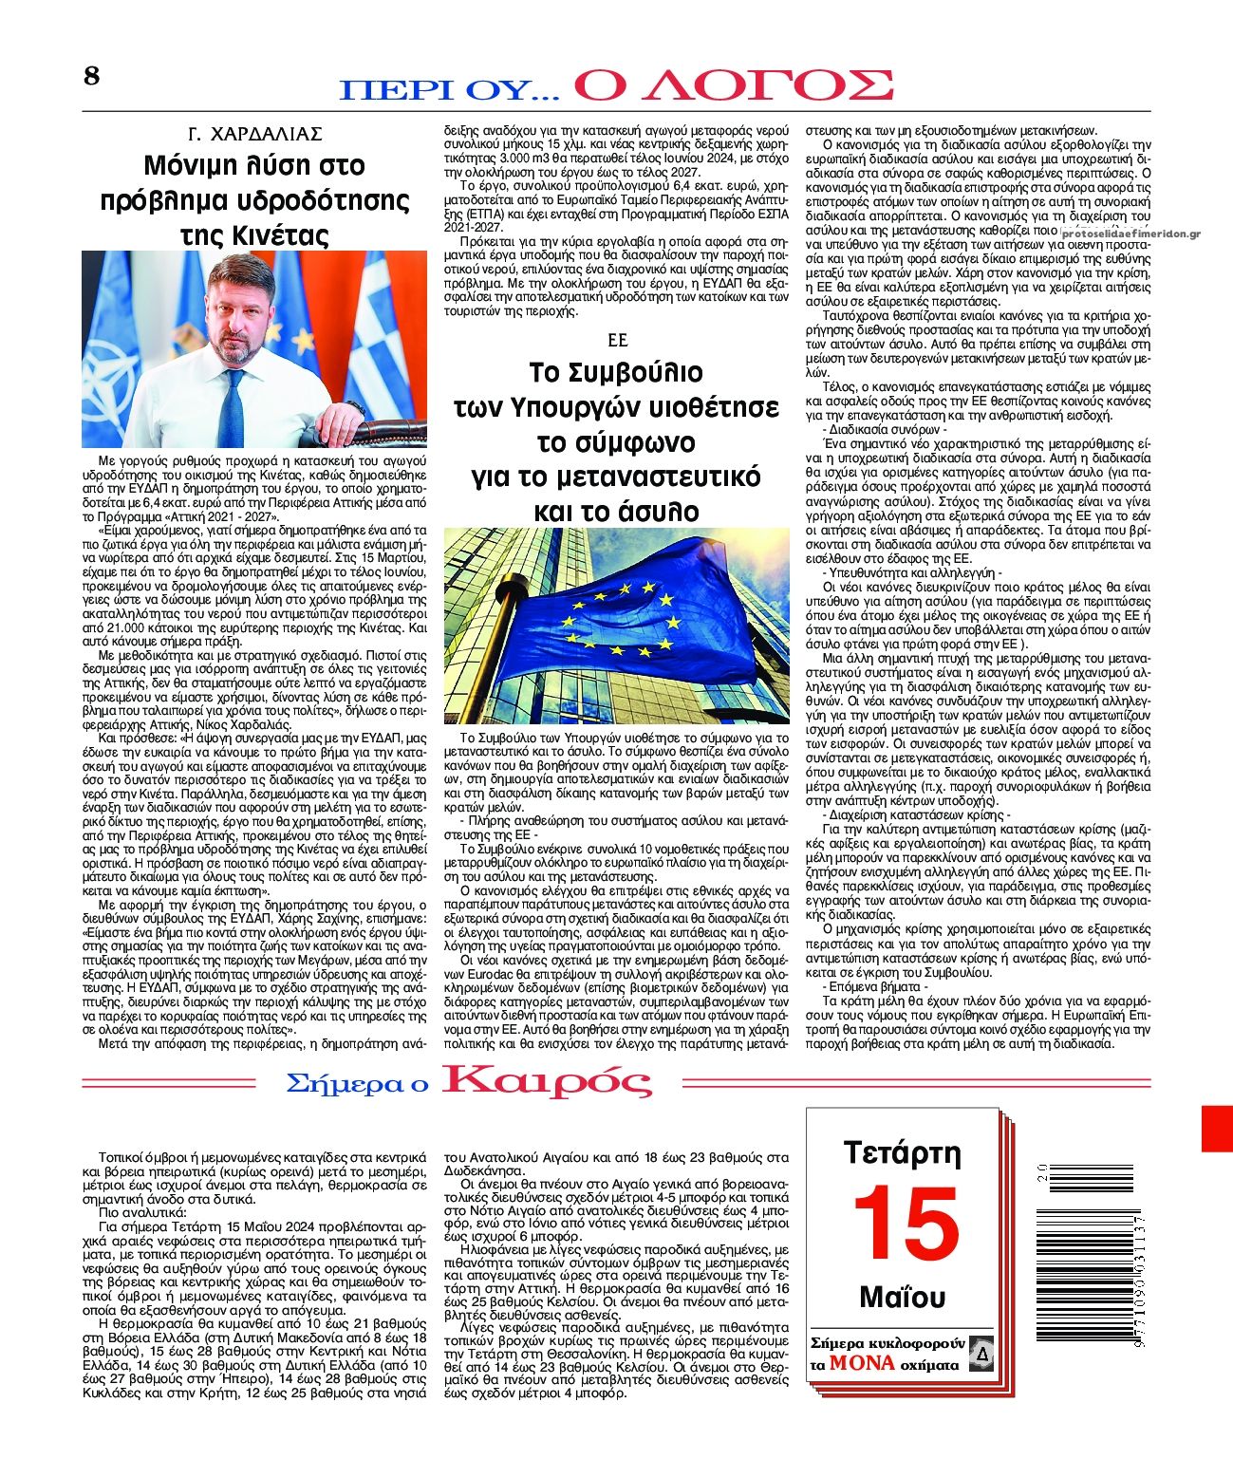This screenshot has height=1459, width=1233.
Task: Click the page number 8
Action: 91,77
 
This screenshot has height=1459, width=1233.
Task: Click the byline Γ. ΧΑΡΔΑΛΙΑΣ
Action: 254,134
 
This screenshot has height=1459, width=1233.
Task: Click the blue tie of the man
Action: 233,408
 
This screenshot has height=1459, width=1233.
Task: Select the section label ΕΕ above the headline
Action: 617,340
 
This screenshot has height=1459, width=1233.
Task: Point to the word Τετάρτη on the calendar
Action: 902,1153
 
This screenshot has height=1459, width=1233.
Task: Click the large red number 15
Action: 906,1224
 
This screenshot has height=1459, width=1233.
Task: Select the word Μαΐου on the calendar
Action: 903,1297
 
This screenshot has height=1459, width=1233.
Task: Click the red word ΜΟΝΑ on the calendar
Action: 862,1363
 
